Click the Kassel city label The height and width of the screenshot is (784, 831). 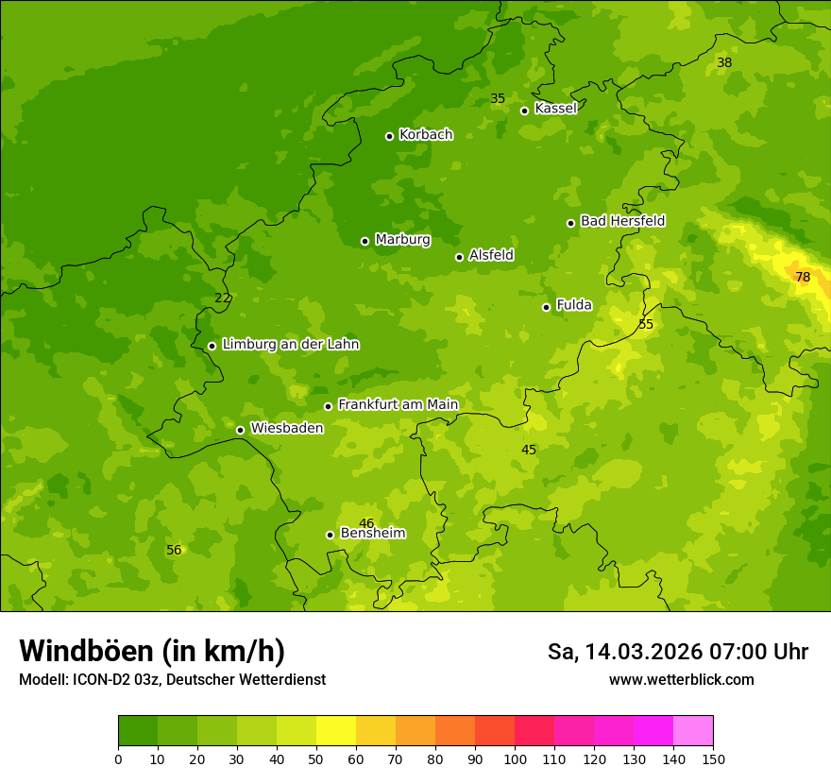[555, 109]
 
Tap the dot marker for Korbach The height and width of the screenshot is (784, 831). [389, 136]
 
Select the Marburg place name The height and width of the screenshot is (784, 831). [402, 240]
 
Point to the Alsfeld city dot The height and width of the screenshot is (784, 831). [459, 257]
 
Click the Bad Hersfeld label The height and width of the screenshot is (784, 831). [622, 221]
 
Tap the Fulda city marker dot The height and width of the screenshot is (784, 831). [546, 307]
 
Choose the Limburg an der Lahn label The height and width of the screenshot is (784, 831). [290, 345]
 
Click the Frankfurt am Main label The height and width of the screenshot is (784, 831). [398, 404]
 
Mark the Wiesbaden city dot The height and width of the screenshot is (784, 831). [240, 430]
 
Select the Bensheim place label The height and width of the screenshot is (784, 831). [372, 534]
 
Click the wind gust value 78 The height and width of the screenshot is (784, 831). [803, 277]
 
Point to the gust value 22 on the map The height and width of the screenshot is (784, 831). [222, 298]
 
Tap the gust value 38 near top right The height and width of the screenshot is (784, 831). [724, 62]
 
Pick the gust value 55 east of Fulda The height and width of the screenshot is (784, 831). [646, 324]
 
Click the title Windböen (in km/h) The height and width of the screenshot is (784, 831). [152, 651]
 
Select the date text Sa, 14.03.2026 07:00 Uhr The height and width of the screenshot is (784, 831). [677, 652]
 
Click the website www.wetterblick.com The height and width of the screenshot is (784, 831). [681, 680]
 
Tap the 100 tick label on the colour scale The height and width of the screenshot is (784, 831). [515, 758]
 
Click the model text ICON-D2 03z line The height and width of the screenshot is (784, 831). [172, 680]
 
